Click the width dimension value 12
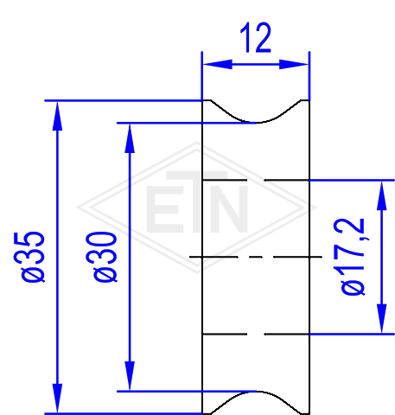(256, 38)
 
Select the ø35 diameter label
(29, 257)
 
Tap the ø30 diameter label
(101, 257)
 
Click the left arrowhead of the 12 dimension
(217, 64)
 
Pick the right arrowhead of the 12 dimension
(294, 64)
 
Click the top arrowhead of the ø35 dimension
(57, 116)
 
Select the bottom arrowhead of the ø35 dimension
(57, 399)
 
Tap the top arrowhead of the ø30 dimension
(130, 138)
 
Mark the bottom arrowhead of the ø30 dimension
(130, 376)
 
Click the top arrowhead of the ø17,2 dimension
(382, 195)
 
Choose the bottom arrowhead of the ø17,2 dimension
(382, 318)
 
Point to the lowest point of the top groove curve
(258, 123)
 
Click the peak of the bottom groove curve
(258, 392)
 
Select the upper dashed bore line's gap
(256, 180)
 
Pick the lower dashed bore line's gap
(256, 335)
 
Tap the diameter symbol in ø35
(33, 272)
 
